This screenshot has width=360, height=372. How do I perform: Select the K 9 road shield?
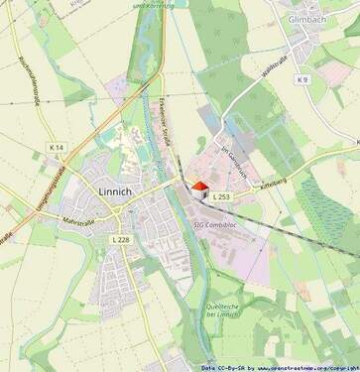(302, 79)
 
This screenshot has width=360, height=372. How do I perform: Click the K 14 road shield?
(56, 148)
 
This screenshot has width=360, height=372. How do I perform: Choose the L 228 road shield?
(121, 239)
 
